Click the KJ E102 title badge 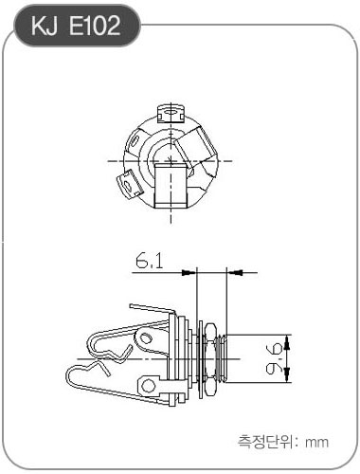tap(77, 26)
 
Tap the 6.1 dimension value tap(150, 262)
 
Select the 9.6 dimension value tap(274, 359)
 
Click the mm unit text tap(316, 442)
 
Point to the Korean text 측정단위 tap(265, 442)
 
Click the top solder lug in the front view tap(171, 114)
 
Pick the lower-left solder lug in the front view tap(130, 183)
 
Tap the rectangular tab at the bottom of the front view tap(171, 186)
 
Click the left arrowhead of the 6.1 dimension tap(189, 272)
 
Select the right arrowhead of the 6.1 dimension tap(235, 272)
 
